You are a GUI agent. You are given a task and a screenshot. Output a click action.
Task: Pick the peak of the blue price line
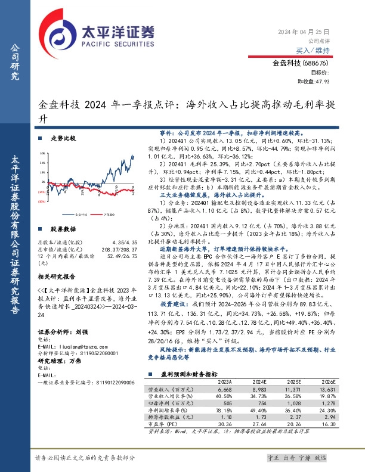pyautogui.click(x=133, y=155)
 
